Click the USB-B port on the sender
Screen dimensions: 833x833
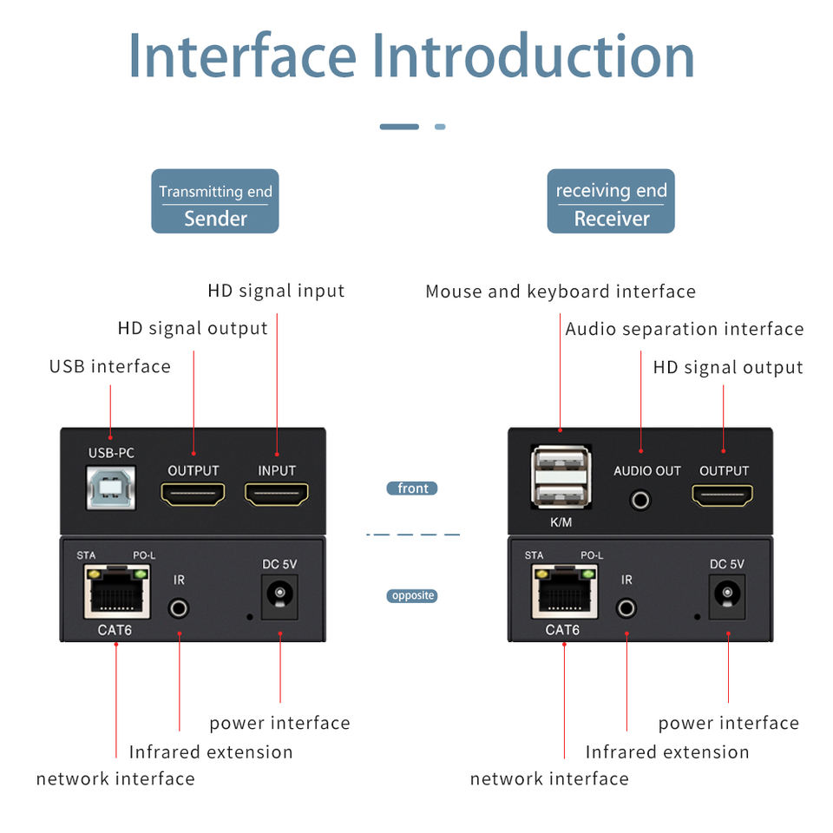click(x=110, y=488)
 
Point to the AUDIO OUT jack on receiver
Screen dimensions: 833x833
click(x=641, y=499)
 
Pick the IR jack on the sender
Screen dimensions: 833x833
click(x=180, y=607)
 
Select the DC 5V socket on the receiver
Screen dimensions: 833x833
click(x=727, y=595)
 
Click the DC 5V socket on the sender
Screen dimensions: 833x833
click(x=279, y=595)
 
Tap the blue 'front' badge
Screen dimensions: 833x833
click(x=412, y=489)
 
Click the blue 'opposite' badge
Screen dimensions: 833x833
click(x=412, y=596)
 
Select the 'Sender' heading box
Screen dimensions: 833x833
click(x=215, y=201)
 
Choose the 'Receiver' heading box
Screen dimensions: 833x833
click(x=611, y=201)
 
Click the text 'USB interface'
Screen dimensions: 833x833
click(x=110, y=366)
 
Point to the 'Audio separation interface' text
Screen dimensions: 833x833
click(x=685, y=329)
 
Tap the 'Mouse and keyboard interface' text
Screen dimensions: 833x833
click(x=561, y=292)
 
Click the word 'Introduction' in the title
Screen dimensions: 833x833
click(x=533, y=56)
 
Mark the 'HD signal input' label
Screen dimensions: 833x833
click(x=276, y=291)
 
